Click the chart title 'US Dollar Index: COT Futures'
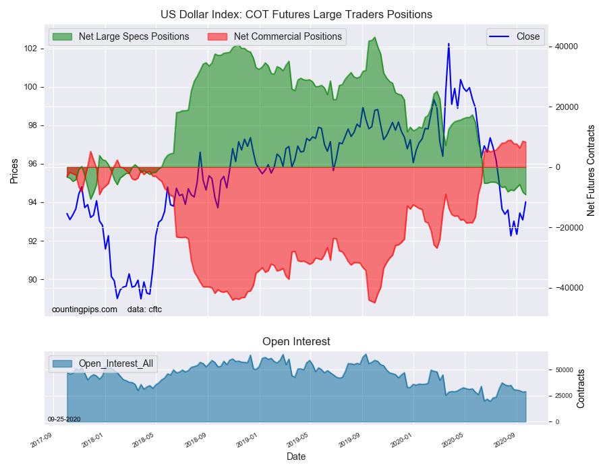(296, 14)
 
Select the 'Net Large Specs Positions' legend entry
(134, 36)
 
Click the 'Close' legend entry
(527, 36)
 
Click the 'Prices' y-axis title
(14, 171)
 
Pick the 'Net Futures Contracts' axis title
(591, 170)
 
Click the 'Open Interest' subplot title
(296, 341)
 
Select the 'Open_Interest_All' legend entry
(115, 364)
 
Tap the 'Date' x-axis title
(296, 456)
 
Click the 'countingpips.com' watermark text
(84, 309)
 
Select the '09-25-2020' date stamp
(64, 419)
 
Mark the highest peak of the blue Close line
(449, 44)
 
